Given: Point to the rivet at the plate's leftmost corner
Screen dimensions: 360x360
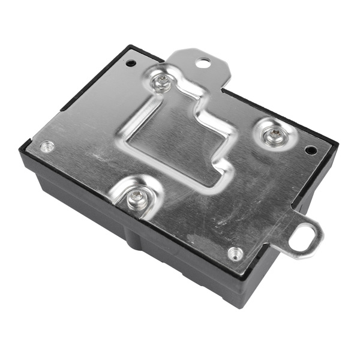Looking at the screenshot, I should [46, 146].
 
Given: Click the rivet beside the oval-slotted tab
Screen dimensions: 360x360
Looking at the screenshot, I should [235, 253].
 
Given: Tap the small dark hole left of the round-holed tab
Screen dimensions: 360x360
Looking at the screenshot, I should [131, 62].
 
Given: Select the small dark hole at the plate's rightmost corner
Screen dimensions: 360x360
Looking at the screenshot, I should [310, 150].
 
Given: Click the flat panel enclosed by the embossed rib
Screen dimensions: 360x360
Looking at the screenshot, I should [174, 144].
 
